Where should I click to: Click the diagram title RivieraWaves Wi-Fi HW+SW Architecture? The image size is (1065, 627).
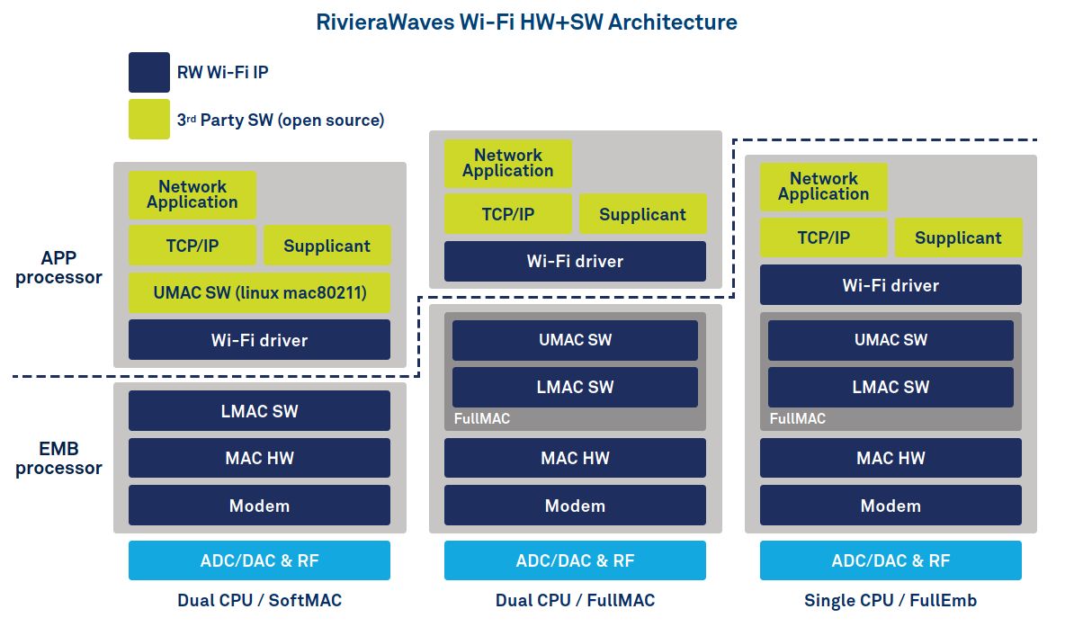526,22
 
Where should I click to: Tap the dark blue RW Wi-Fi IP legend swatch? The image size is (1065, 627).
148,72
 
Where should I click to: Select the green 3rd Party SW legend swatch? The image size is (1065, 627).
148,119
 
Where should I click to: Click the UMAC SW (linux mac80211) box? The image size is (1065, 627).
259,292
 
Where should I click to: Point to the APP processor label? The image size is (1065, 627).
58,268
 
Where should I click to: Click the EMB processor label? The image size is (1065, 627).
58,459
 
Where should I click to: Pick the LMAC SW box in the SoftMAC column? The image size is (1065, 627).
259,411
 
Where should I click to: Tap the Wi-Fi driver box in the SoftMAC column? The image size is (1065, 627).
259,340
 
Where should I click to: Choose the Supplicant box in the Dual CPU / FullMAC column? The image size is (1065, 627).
642,214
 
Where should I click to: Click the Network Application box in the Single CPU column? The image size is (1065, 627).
823,186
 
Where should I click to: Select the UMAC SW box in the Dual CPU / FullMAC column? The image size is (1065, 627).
576,340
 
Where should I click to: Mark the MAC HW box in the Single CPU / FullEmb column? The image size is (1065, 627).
890,458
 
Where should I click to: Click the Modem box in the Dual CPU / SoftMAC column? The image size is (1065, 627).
259,506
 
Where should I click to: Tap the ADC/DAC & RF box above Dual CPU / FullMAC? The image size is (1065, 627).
576,560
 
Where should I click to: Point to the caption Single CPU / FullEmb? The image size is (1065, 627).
890,601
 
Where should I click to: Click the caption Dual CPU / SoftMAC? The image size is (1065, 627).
259,601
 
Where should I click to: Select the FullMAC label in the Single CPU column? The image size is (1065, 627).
797,418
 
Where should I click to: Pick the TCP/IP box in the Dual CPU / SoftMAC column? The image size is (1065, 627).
192,246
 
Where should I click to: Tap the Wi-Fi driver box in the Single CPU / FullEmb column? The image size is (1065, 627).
890,285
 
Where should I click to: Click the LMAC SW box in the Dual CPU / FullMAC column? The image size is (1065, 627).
576,387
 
